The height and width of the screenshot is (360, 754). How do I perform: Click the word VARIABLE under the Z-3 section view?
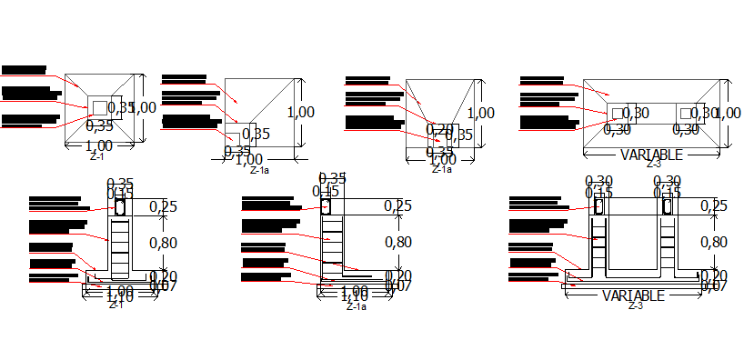633,295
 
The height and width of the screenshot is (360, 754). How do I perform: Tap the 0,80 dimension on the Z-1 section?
165,242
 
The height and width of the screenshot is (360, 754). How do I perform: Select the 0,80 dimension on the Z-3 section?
715,242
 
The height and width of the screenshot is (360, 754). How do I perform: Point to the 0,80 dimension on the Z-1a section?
398,242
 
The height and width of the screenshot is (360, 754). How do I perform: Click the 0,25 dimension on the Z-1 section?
165,206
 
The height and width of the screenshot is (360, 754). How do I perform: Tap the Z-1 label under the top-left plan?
96,157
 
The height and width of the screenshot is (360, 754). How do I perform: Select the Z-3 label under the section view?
635,306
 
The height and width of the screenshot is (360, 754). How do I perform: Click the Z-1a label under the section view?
356,307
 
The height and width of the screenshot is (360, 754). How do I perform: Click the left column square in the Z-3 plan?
618,112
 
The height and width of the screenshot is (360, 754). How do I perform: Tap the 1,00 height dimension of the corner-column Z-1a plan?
301,112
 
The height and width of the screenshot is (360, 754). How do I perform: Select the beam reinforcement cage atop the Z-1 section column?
119,206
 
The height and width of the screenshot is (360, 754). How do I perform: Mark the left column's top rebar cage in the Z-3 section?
599,206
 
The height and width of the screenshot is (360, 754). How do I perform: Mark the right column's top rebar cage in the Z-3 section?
667,206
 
